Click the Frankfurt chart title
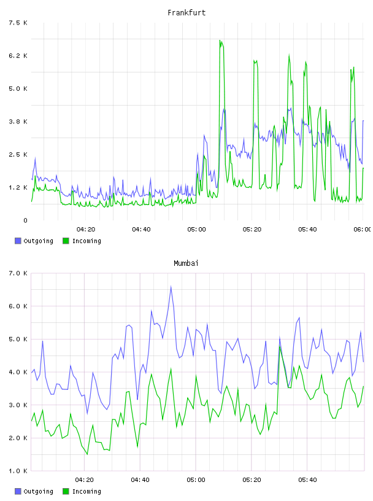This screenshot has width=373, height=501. pyautogui.click(x=186, y=13)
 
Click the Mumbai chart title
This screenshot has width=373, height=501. pyautogui.click(x=186, y=263)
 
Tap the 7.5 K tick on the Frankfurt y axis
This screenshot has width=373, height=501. pyautogui.click(x=18, y=23)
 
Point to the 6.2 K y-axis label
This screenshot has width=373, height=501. pyautogui.click(x=18, y=56)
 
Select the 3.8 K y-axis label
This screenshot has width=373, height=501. pyautogui.click(x=18, y=122)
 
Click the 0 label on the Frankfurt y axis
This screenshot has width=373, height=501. pyautogui.click(x=25, y=220)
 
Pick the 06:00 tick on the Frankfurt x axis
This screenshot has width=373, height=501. pyautogui.click(x=363, y=229)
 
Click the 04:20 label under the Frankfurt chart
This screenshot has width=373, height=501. pyautogui.click(x=86, y=229)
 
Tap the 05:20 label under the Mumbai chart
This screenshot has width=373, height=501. pyautogui.click(x=252, y=480)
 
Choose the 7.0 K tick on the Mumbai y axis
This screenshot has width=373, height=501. pyautogui.click(x=18, y=273)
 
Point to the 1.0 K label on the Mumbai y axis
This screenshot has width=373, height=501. pyautogui.click(x=18, y=471)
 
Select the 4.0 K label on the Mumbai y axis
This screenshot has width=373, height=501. pyautogui.click(x=18, y=372)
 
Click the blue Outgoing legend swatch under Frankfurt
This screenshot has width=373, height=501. pyautogui.click(x=18, y=241)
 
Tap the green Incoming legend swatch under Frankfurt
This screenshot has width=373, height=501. pyautogui.click(x=66, y=241)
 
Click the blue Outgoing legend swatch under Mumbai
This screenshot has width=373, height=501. pyautogui.click(x=18, y=491)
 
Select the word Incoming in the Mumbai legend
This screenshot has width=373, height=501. pyautogui.click(x=87, y=491)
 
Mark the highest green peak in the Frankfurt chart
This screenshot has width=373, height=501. pyautogui.click(x=220, y=41)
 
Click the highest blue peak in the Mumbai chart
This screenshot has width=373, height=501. pyautogui.click(x=171, y=287)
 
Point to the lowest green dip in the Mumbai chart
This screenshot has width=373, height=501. pyautogui.click(x=87, y=454)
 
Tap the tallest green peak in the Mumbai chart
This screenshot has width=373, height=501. pyautogui.click(x=280, y=346)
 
